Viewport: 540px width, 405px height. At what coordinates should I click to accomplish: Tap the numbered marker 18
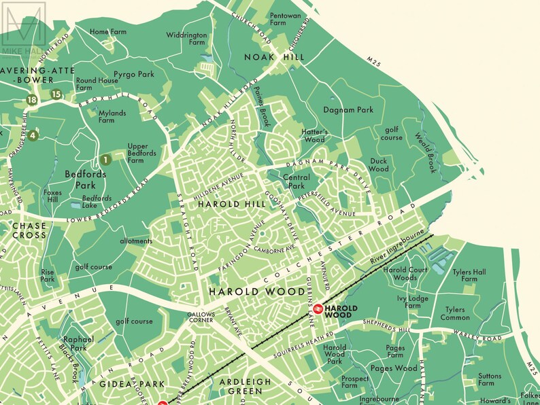coord(31,100)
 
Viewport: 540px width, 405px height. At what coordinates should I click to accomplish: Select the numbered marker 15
coord(56,94)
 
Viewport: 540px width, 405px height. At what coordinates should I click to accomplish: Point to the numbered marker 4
coord(32,134)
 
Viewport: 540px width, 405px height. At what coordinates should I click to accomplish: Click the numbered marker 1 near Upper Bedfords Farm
coord(105,160)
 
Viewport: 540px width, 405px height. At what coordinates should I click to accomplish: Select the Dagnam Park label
coord(349,109)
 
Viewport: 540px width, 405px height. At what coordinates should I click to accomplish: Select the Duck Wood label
coord(379,164)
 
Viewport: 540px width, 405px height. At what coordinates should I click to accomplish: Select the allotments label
coord(136,241)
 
